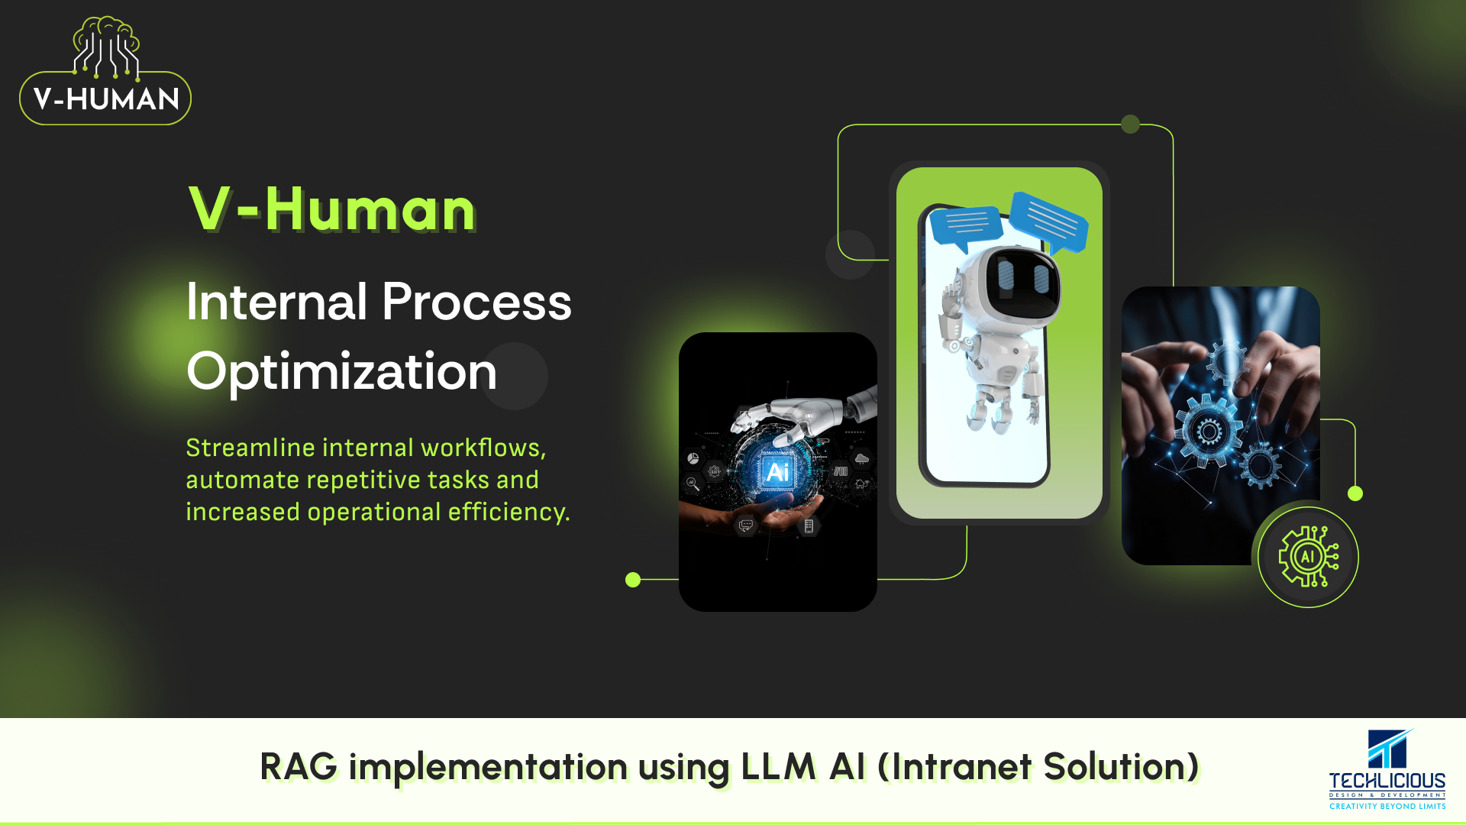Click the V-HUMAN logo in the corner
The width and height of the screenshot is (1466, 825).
pyautogui.click(x=105, y=71)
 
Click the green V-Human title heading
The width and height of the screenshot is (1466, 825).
pyautogui.click(x=332, y=209)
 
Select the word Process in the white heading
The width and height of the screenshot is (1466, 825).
pyautogui.click(x=476, y=301)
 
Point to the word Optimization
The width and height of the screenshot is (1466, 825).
pyautogui.click(x=341, y=372)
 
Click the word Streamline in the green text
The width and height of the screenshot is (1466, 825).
pyautogui.click(x=250, y=448)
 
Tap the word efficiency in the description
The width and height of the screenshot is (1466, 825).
pyautogui.click(x=509, y=512)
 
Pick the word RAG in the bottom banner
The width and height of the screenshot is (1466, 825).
pyautogui.click(x=299, y=766)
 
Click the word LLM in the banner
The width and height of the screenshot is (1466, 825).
pyautogui.click(x=779, y=766)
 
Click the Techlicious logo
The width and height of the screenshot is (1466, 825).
pyautogui.click(x=1387, y=769)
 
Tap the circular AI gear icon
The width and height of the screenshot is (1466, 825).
pyautogui.click(x=1308, y=557)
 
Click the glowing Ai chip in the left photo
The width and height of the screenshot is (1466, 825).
pyautogui.click(x=777, y=472)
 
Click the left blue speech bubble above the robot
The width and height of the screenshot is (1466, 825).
pyautogui.click(x=966, y=227)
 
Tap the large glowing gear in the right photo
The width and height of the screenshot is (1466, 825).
pyautogui.click(x=1209, y=432)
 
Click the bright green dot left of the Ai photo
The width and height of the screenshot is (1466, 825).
pyautogui.click(x=633, y=580)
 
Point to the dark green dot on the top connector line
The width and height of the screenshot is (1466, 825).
pyautogui.click(x=1130, y=124)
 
